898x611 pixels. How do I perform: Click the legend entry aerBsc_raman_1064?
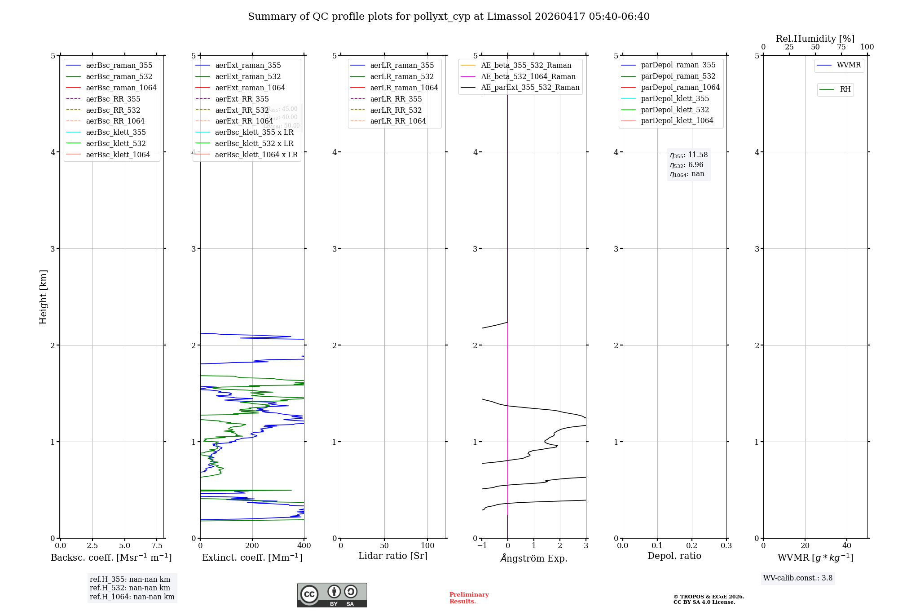pyautogui.click(x=121, y=88)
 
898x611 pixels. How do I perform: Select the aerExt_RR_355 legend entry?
pyautogui.click(x=242, y=99)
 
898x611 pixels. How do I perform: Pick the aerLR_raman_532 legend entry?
pyautogui.click(x=402, y=77)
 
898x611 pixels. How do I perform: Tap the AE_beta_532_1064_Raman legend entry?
pyautogui.click(x=528, y=77)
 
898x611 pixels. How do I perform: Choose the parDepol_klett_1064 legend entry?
pyautogui.click(x=677, y=121)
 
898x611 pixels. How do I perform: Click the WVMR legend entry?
pyautogui.click(x=849, y=65)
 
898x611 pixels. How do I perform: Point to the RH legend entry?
pyautogui.click(x=845, y=89)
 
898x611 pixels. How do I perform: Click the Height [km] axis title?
pyautogui.click(x=43, y=297)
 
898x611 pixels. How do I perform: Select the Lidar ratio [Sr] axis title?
pyautogui.click(x=393, y=556)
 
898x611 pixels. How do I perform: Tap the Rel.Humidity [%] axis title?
pyautogui.click(x=815, y=39)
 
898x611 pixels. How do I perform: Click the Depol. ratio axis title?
pyautogui.click(x=674, y=556)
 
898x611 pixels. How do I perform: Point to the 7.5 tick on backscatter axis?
pyautogui.click(x=157, y=546)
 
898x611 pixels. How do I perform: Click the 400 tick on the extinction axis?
pyautogui.click(x=304, y=546)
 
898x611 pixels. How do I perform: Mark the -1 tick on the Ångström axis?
pyautogui.click(x=481, y=546)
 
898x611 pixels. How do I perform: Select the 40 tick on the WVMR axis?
pyautogui.click(x=846, y=546)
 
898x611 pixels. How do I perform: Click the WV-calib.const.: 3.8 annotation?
pyautogui.click(x=797, y=578)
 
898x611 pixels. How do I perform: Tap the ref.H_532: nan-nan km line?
pyautogui.click(x=130, y=588)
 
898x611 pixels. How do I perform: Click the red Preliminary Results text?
pyautogui.click(x=469, y=598)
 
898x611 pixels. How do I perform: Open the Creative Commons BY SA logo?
pyautogui.click(x=332, y=595)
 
